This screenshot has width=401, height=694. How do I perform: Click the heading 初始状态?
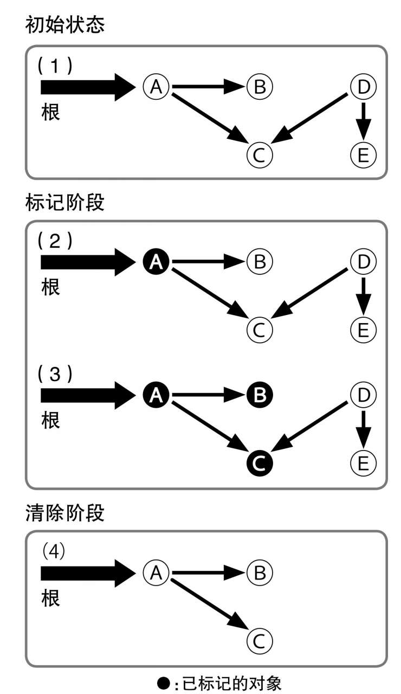(x=64, y=25)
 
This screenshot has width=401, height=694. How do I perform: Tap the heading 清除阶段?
(x=64, y=513)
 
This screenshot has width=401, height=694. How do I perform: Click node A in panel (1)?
(x=157, y=86)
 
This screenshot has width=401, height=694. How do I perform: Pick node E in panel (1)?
(x=364, y=155)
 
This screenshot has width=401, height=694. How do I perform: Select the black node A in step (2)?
(x=157, y=262)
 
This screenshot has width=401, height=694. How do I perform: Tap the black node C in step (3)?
(x=260, y=462)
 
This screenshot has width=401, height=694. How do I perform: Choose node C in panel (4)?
(x=260, y=640)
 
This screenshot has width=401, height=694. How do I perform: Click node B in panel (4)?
(x=260, y=571)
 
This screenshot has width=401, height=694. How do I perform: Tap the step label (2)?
(x=54, y=241)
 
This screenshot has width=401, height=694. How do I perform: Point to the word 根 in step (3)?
(x=51, y=420)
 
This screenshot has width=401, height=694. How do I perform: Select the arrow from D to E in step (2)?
(x=364, y=295)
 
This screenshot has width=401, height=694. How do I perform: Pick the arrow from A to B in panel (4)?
(x=208, y=571)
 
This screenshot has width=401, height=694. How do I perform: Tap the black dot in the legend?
(x=163, y=680)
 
